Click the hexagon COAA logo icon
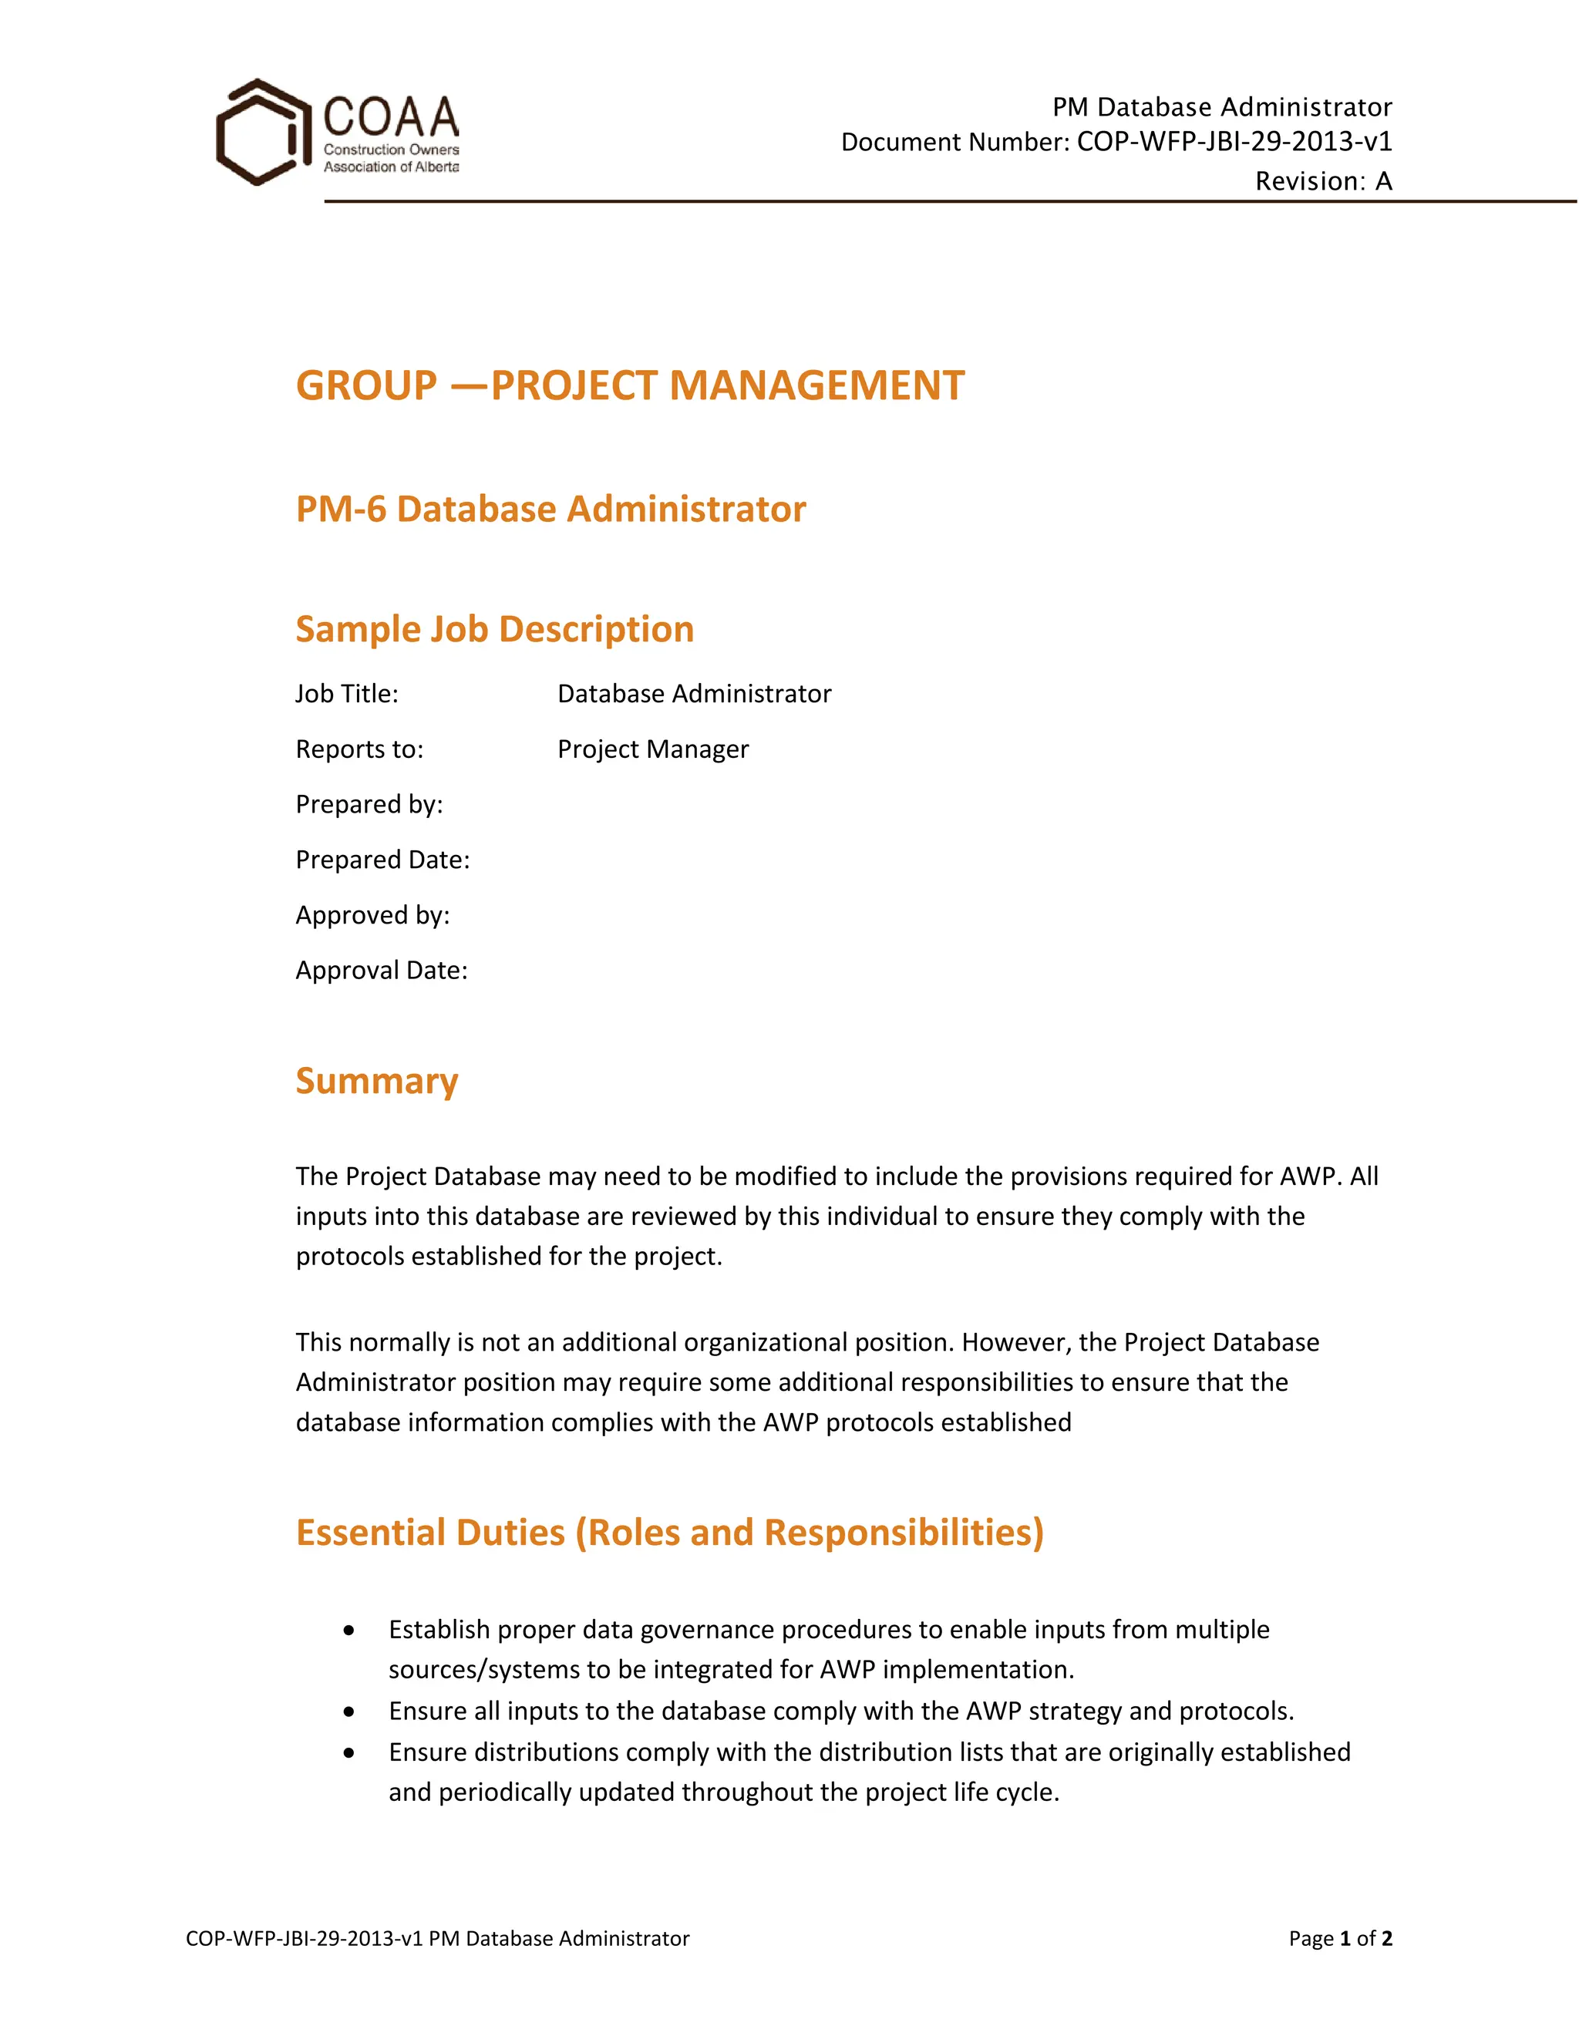[261, 132]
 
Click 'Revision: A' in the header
[1323, 180]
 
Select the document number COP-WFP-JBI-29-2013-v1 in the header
[1234, 141]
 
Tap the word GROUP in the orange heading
[365, 385]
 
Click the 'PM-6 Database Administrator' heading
[550, 509]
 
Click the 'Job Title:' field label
[346, 693]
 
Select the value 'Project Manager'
[652, 749]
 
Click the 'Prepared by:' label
[369, 803]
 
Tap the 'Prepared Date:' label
[382, 859]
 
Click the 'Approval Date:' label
[381, 969]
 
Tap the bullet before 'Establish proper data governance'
[349, 1631]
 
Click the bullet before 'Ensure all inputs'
[349, 1711]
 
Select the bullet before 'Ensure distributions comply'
[349, 1753]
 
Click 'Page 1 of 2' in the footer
[1339, 1938]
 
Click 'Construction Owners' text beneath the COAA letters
[391, 150]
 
